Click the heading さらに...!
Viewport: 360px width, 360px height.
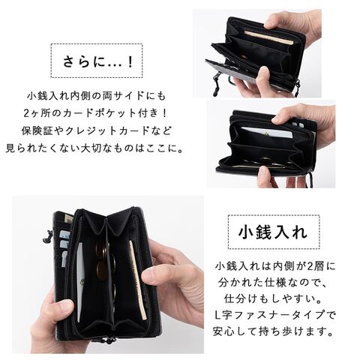97,61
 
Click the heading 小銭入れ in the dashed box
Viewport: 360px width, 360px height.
273,232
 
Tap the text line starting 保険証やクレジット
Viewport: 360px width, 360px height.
97,131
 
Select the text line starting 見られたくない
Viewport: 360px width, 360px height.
94,148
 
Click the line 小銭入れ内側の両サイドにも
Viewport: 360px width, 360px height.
96,96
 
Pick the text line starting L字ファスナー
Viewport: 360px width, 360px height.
274,315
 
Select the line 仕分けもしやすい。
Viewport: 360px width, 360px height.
273,298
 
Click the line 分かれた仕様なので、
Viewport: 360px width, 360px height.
273,283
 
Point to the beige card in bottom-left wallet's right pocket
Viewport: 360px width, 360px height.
137,280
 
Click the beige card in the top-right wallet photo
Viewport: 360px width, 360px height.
268,38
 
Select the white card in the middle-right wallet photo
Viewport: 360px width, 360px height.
267,133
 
